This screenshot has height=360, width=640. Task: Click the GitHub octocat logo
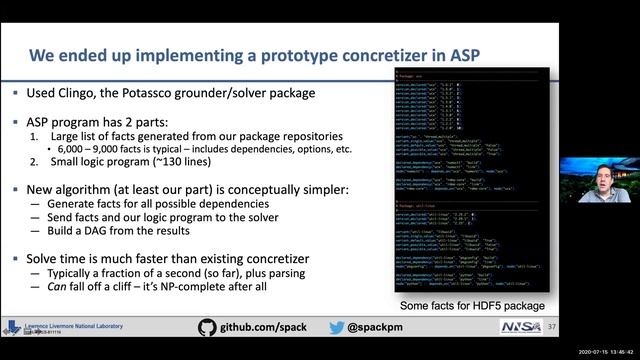(207, 327)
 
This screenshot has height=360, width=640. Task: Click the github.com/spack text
(265, 327)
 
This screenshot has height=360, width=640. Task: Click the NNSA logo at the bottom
(522, 327)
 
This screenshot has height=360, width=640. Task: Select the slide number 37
(552, 327)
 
